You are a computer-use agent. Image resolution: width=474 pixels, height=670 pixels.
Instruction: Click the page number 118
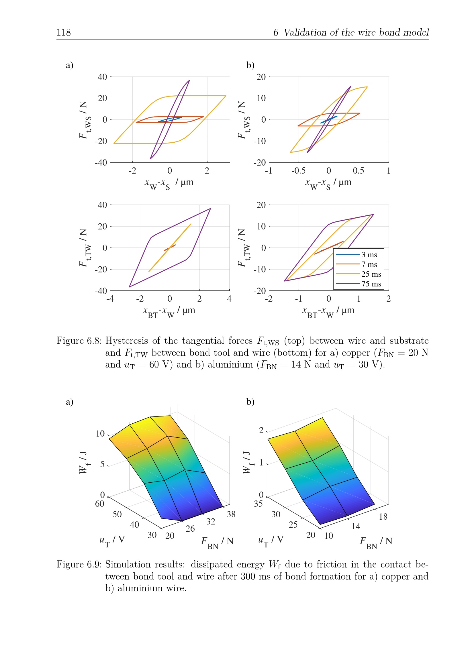tap(63, 32)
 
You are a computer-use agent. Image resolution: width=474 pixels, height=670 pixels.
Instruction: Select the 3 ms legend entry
tap(369, 255)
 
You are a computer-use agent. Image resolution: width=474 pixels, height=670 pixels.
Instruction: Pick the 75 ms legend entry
tap(371, 284)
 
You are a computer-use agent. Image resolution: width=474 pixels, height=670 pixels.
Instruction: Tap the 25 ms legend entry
tap(371, 274)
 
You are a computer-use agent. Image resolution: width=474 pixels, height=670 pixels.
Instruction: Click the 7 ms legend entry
tap(369, 264)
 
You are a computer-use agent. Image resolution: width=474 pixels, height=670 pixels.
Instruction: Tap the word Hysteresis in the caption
tap(127, 341)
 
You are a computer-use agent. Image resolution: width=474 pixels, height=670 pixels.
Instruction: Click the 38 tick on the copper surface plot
tap(231, 514)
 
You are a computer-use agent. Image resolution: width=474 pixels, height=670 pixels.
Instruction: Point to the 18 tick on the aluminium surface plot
tap(383, 517)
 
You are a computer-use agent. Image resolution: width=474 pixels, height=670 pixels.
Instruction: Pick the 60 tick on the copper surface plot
tap(99, 504)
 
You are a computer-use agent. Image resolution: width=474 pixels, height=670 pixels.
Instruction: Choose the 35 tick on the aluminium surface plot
tap(258, 504)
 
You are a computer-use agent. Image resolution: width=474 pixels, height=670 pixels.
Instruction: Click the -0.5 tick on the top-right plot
tap(298, 171)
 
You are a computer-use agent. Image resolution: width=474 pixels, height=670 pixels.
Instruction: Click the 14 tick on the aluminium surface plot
tap(356, 526)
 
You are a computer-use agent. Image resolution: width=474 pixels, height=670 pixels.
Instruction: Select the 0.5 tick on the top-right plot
tap(358, 171)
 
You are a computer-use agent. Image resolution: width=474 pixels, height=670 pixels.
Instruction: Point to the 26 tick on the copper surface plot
tap(190, 529)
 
